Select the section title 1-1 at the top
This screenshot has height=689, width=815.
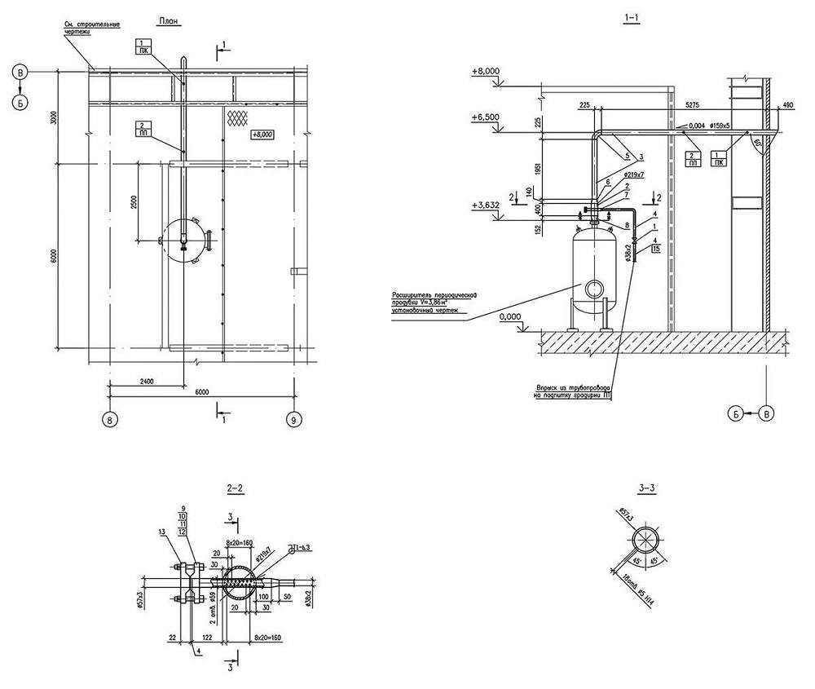coord(632,20)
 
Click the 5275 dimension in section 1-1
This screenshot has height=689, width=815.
coord(692,105)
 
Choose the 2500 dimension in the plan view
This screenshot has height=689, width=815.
coord(133,200)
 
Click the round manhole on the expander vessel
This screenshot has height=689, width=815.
coord(592,287)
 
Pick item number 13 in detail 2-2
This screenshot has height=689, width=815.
coord(163,532)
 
